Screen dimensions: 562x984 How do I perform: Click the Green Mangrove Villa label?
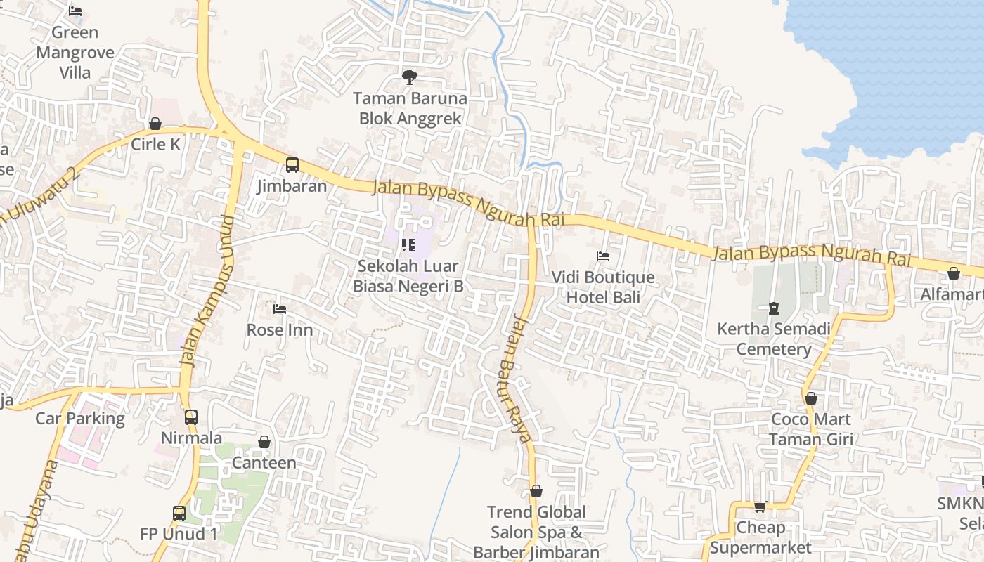coord(75,53)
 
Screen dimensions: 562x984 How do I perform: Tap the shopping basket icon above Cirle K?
coord(155,124)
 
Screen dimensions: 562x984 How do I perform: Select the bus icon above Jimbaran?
coord(292,166)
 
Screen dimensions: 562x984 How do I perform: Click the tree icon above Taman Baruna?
coord(409,77)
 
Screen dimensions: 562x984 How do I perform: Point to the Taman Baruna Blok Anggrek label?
coord(410,108)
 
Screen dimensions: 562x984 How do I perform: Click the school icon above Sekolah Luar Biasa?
coord(408,245)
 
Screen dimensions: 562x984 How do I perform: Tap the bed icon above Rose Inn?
coord(280,309)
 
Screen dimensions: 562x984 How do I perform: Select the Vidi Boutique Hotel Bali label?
coord(603,287)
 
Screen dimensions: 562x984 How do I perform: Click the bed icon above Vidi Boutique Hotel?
coord(603,256)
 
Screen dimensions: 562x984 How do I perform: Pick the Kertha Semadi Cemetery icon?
coord(774,308)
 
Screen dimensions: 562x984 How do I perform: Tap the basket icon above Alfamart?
coord(954,273)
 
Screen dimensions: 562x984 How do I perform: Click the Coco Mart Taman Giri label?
coord(811,429)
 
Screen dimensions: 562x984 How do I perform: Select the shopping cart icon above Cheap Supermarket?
coord(760,507)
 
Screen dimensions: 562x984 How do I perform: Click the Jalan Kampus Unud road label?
coord(207,289)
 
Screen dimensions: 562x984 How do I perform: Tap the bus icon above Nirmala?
coord(191,417)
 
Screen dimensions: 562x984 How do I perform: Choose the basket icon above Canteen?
coord(264,442)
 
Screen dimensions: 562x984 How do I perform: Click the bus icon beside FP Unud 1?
coord(179,514)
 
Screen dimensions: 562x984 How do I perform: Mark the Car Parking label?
coord(80,419)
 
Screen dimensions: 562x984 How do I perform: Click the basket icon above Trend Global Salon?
coord(536,491)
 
